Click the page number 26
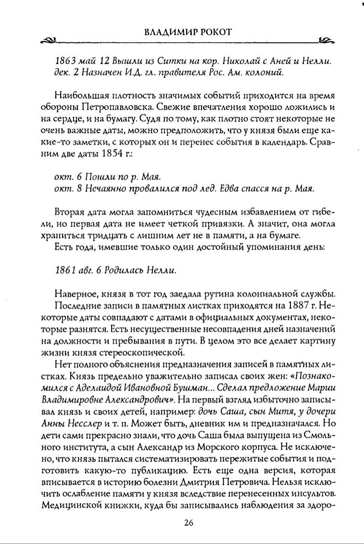click(188, 524)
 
